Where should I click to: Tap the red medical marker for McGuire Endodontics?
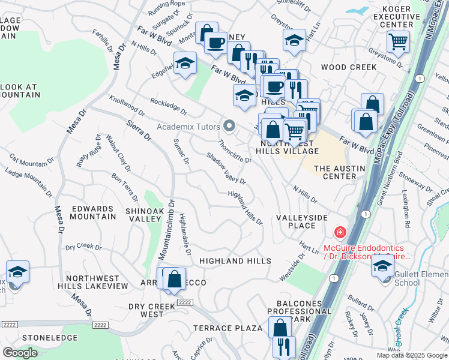pos(340,232)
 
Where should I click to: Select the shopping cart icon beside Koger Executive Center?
pos(397,42)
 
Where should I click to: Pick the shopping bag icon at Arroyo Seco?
pos(174,279)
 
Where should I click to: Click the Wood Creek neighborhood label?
pos(348,67)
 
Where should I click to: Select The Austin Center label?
pos(339,172)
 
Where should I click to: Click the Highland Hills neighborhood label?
pos(235,261)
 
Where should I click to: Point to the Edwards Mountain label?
pos(93,212)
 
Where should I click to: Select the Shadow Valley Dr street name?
pos(226,168)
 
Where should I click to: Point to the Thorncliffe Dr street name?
pos(235,151)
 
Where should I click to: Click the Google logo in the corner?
pos(20,353)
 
